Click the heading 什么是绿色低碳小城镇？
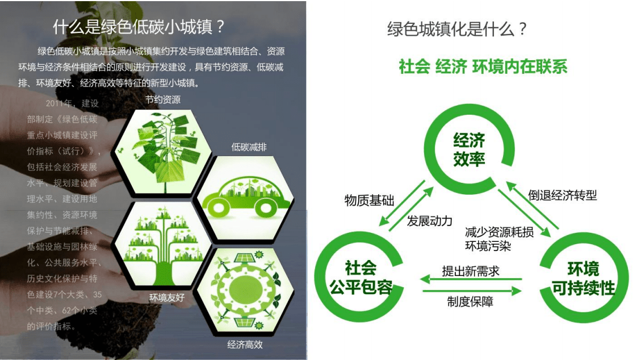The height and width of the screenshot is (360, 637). click(x=139, y=27)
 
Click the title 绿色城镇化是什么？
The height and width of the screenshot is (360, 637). click(x=458, y=29)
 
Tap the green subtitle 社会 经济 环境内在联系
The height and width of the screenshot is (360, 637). click(x=483, y=66)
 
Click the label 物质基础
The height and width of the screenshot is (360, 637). click(x=369, y=200)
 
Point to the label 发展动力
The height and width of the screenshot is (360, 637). click(x=430, y=221)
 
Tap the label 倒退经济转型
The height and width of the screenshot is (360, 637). click(x=563, y=195)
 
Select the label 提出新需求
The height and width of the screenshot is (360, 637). click(x=471, y=271)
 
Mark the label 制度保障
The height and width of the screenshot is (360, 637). click(x=470, y=302)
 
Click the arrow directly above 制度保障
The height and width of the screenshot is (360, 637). click(x=471, y=291)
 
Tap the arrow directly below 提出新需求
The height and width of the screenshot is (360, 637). click(x=471, y=279)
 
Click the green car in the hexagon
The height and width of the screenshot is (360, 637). click(x=246, y=195)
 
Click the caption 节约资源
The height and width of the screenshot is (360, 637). click(x=162, y=100)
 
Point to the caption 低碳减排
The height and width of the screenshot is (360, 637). click(x=249, y=147)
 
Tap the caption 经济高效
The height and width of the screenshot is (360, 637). click(x=245, y=344)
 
